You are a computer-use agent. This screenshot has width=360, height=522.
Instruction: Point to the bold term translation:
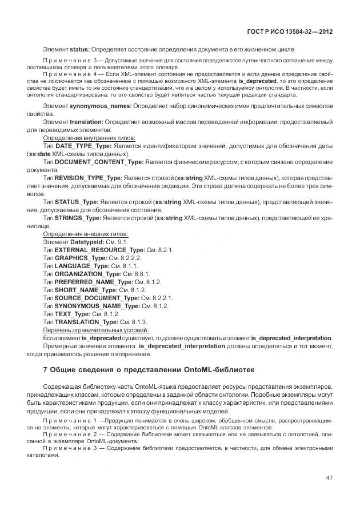pyautogui.click(x=86, y=122)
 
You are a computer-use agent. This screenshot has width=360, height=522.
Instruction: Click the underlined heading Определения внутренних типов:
pyautogui.click(x=89, y=138)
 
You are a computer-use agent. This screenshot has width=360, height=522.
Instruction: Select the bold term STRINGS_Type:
pyautogui.click(x=77, y=218)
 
